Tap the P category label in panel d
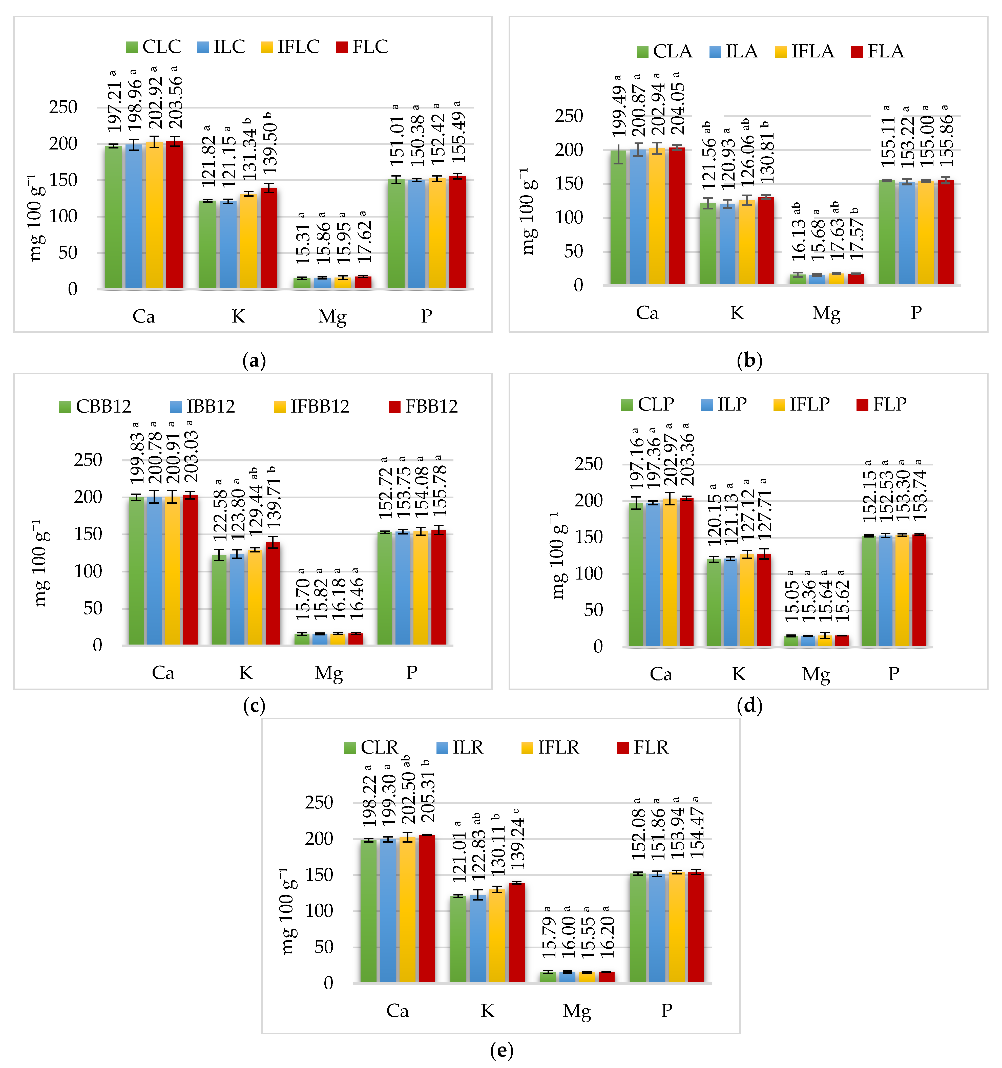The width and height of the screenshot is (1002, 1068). click(x=893, y=674)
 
